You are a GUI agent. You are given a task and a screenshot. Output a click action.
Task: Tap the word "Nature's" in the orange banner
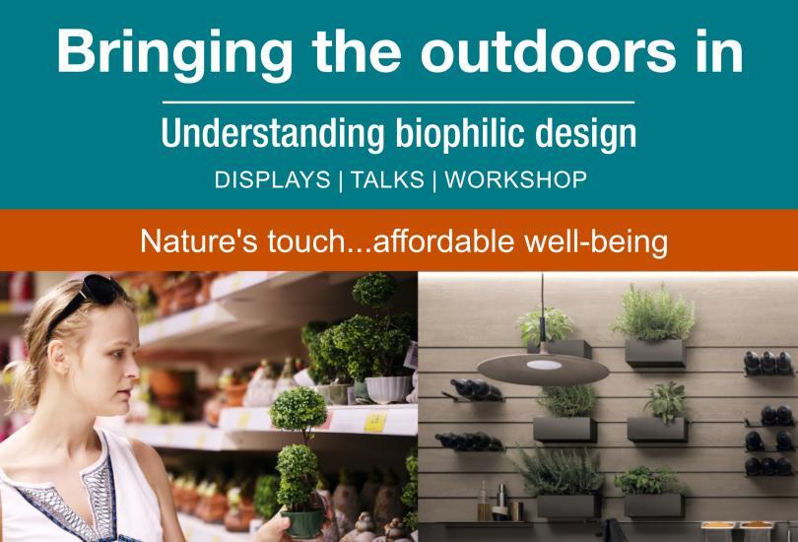coord(199,240)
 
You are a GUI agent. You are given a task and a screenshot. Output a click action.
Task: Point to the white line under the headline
coord(398,102)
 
